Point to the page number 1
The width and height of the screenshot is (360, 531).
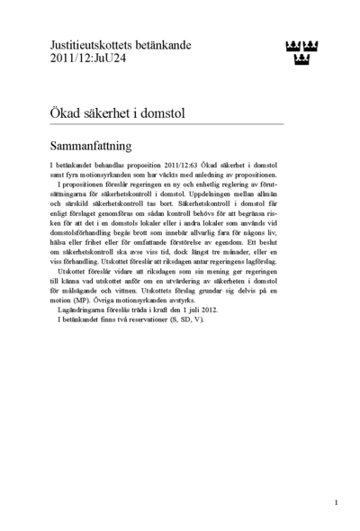coord(336,503)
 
